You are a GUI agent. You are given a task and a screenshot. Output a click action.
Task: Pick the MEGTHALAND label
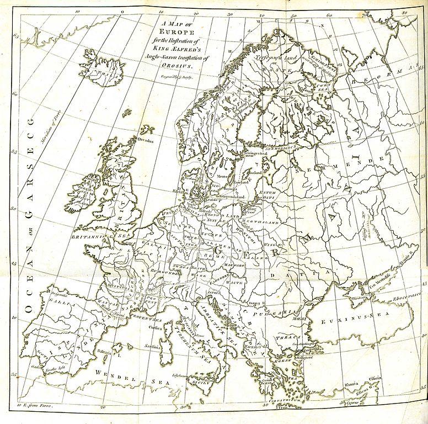click(x=263, y=222)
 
